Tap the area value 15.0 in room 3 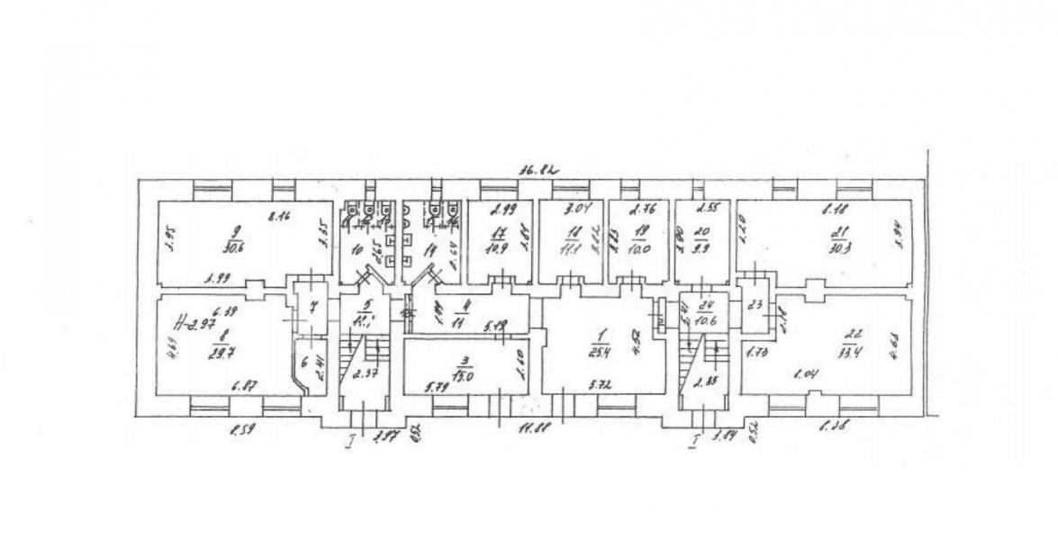tap(466, 352)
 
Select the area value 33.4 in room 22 tap(847, 350)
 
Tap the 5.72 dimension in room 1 tap(600, 385)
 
